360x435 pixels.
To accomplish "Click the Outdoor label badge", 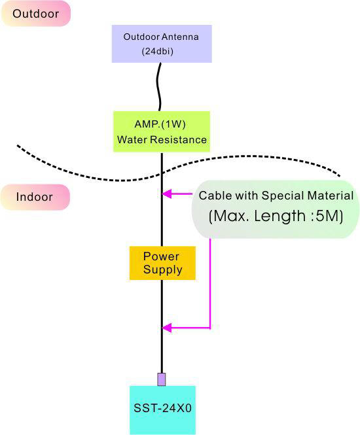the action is click(36, 14).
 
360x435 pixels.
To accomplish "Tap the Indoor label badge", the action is click(35, 197).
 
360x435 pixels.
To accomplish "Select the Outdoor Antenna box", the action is click(162, 44).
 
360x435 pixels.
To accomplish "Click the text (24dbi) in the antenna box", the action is click(158, 51).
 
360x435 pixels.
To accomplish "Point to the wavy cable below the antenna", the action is click(160, 87).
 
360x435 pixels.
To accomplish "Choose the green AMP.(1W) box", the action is click(162, 131).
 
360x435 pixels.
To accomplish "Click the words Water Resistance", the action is click(162, 139).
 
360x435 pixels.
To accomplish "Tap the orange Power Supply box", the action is click(162, 263).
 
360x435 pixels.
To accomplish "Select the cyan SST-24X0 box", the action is click(162, 410).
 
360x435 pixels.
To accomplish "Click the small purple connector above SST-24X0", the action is click(162, 379).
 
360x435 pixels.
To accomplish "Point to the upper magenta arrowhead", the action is click(167, 194).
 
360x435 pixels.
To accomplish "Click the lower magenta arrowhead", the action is click(167, 328).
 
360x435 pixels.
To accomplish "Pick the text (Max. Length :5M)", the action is click(276, 216).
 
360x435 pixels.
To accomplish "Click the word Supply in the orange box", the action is click(162, 270).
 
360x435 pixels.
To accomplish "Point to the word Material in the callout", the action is click(330, 196).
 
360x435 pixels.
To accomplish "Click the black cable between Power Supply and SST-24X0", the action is click(162, 326).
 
